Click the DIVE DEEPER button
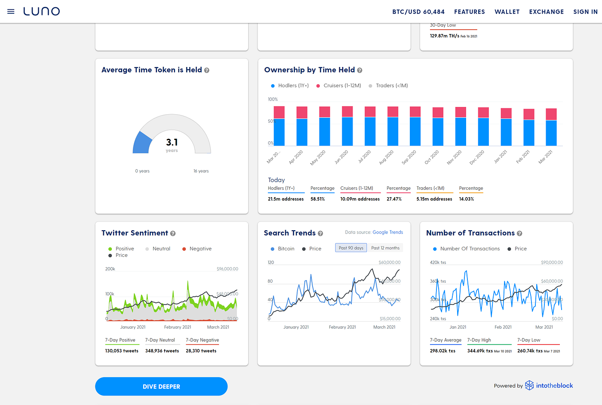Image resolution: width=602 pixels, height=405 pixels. [x=161, y=387]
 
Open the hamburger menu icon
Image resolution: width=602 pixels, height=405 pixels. [x=11, y=12]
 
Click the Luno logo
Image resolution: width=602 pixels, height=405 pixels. [x=42, y=12]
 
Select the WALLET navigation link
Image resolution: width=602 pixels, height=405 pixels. [x=507, y=12]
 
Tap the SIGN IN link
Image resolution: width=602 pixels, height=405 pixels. [x=585, y=12]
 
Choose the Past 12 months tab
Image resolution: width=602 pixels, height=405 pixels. [x=385, y=248]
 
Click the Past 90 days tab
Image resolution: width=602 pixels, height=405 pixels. [x=351, y=248]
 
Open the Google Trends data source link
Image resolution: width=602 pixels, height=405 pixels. [x=387, y=232]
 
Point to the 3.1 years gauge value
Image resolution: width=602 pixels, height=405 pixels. [x=172, y=143]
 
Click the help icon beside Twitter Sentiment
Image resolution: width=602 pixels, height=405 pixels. [x=173, y=234]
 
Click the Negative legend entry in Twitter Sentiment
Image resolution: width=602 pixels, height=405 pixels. [x=200, y=249]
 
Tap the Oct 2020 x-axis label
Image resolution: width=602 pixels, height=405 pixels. [x=432, y=157]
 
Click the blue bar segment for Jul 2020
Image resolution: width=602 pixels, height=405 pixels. [x=370, y=131]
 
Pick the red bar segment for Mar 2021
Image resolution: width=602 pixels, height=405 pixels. [x=551, y=114]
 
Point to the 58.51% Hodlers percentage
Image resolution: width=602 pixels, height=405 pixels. [x=318, y=199]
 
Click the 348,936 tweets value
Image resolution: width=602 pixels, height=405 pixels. [x=162, y=351]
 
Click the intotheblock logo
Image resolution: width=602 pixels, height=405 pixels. [x=549, y=386]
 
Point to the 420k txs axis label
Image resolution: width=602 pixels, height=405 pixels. [x=438, y=262]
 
